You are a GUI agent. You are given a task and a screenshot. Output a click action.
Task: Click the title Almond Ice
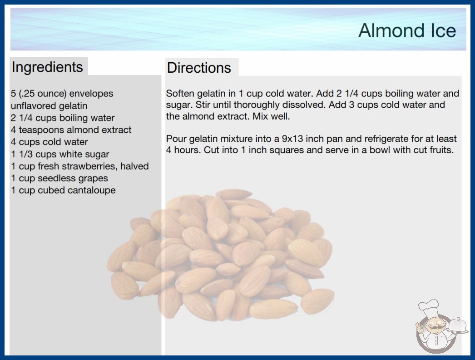[407, 30]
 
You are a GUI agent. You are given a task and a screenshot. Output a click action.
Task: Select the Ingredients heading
[47, 67]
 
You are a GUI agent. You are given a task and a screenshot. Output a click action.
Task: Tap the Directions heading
[199, 68]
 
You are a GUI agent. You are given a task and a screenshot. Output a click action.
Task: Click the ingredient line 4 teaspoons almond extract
[71, 130]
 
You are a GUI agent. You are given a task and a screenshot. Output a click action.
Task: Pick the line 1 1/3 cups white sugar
[60, 154]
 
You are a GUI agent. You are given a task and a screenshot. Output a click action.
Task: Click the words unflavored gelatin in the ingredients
[49, 106]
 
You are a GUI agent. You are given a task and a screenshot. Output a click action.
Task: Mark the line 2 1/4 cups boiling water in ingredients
[63, 118]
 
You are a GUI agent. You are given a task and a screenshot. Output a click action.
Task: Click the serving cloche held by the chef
[458, 326]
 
